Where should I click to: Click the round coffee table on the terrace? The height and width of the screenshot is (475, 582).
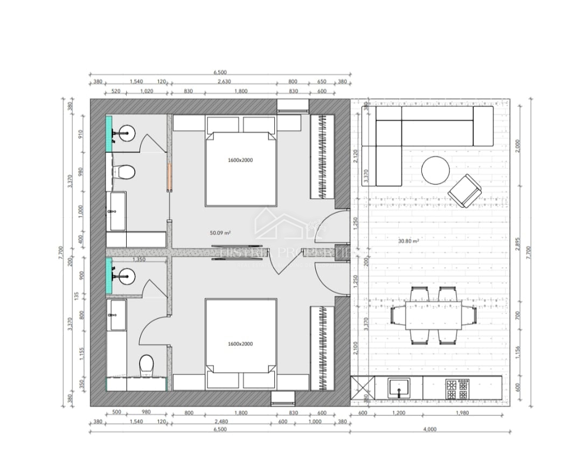pyautogui.click(x=435, y=171)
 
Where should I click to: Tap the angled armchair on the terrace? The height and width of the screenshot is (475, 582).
pyautogui.click(x=465, y=191)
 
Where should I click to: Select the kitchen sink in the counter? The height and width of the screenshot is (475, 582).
pyautogui.click(x=399, y=388)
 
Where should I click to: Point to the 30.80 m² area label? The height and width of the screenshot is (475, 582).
pyautogui.click(x=409, y=241)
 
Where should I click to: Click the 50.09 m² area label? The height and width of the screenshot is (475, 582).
pyautogui.click(x=220, y=233)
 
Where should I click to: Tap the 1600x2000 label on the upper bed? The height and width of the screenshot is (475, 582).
pyautogui.click(x=240, y=160)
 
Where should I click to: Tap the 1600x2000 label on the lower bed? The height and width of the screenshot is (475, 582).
pyautogui.click(x=240, y=344)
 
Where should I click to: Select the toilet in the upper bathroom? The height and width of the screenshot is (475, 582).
pyautogui.click(x=125, y=173)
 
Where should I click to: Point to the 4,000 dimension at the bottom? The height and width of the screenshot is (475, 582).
pyautogui.click(x=430, y=429)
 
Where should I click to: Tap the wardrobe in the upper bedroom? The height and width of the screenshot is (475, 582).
pyautogui.click(x=322, y=157)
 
